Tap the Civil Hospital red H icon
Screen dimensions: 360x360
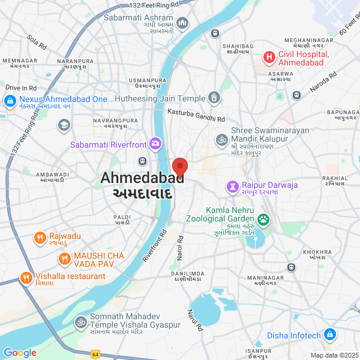tap(269, 58)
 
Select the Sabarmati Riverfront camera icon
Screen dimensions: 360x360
tap(155, 143)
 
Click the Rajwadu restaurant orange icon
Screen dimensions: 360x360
tap(40, 237)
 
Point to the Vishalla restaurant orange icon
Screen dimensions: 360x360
tap(26, 277)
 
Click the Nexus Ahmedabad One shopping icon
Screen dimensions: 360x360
tap(10, 103)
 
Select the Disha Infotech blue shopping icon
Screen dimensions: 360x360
tap(329, 335)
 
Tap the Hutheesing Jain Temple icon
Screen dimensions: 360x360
tap(214, 98)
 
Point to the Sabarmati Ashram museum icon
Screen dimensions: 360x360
tap(182, 23)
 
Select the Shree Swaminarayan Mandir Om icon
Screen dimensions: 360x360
tap(221, 140)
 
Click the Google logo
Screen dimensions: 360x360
tap(20, 353)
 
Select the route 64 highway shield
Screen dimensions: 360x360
tap(95, 354)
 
